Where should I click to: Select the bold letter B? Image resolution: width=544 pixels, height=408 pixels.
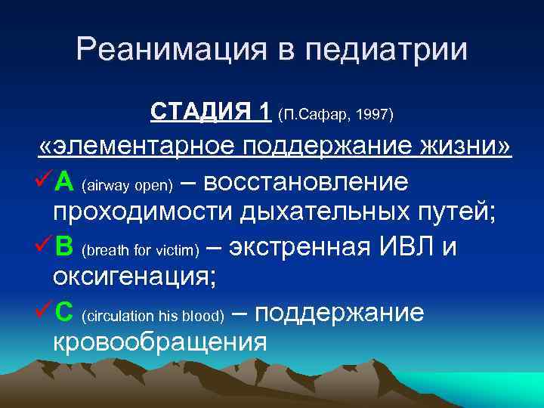click(64, 247)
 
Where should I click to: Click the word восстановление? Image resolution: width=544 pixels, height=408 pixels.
click(306, 182)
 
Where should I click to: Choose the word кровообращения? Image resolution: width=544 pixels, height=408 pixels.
click(159, 342)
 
